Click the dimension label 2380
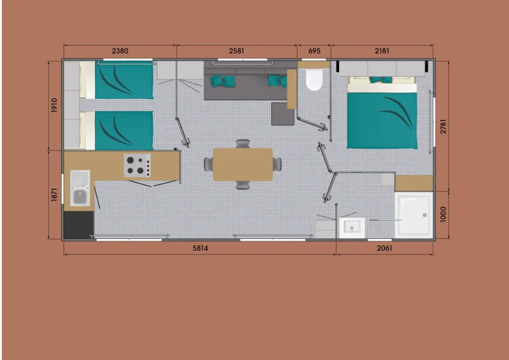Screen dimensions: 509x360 pos(120,51)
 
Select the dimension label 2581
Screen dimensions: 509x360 pos(236,51)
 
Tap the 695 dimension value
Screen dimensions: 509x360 pos(314,51)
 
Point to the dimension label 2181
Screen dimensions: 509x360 pos(382,51)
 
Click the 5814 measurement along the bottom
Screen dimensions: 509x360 pos(200,248)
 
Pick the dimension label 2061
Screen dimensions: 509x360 pos(384,248)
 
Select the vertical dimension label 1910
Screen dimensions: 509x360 pos(54,105)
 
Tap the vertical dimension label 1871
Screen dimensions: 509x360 pos(54,195)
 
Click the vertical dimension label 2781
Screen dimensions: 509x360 pos(443,127)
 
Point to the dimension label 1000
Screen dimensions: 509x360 pos(443,214)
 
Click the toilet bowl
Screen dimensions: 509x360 pos(314,79)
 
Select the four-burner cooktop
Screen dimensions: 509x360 pos(137,165)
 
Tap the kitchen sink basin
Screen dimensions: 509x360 pos(80,197)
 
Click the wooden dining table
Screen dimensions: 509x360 pos(243,164)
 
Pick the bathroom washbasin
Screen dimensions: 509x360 pos(352,228)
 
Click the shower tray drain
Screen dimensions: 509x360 pos(425,215)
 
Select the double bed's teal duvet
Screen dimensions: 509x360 pos(382,121)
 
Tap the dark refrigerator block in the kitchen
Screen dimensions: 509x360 pos(78,225)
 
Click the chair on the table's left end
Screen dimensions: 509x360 pos(208,164)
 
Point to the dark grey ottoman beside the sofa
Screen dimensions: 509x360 pos(282,114)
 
